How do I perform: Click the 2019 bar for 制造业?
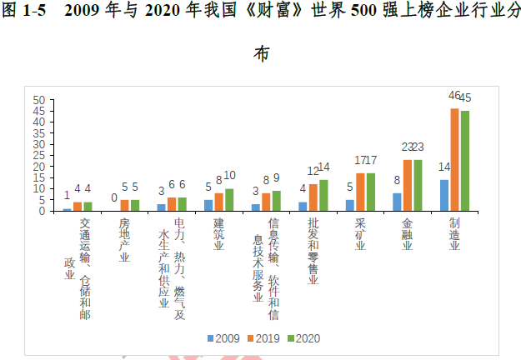tap(454, 159)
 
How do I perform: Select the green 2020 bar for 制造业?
tap(465, 161)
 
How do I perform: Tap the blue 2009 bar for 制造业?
tap(444, 195)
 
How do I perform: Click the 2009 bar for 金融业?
tap(397, 202)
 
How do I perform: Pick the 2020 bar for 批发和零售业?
tap(323, 195)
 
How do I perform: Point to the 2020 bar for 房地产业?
tap(135, 205)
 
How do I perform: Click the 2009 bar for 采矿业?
tap(350, 205)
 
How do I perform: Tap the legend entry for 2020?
tap(303, 338)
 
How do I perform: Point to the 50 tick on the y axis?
tap(38, 100)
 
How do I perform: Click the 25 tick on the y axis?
tap(38, 155)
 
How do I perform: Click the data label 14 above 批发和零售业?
tap(324, 167)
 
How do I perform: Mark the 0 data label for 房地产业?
tap(113, 197)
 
